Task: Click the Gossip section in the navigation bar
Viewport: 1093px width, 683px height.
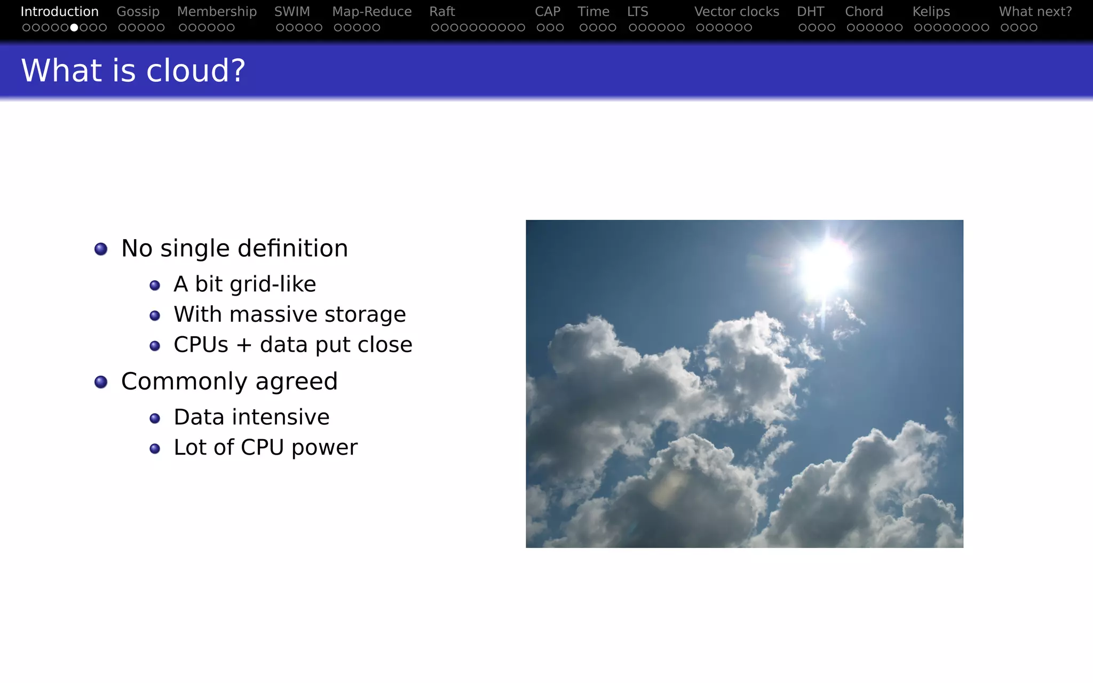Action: coord(138,12)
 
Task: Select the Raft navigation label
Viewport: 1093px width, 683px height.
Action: coord(442,12)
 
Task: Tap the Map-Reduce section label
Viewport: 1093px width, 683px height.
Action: coord(371,12)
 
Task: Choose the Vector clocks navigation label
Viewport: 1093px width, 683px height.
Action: coord(736,12)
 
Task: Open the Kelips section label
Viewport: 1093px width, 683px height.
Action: coord(931,12)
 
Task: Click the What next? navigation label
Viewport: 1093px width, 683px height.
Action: coord(1035,12)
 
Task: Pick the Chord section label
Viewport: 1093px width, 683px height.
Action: coord(864,12)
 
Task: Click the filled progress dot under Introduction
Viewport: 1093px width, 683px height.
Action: coord(74,27)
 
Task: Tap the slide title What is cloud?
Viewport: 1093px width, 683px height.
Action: coord(133,70)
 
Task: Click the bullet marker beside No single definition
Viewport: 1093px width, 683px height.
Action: coord(101,249)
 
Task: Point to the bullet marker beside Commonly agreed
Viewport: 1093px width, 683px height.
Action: coord(101,382)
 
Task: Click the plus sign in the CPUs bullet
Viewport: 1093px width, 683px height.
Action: coord(244,345)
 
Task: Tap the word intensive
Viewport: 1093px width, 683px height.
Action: coord(286,417)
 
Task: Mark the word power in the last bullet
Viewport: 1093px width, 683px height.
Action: coord(324,448)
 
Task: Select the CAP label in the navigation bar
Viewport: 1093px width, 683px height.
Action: coord(547,12)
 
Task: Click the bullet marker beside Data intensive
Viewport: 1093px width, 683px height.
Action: coord(155,418)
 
